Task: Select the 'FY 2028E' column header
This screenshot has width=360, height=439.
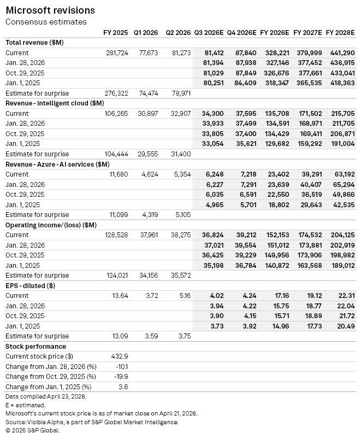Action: pos(340,33)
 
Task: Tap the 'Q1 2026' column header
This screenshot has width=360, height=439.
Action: pos(146,33)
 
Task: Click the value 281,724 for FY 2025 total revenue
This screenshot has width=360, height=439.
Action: pos(117,53)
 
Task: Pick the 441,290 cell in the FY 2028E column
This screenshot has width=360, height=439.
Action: pos(340,53)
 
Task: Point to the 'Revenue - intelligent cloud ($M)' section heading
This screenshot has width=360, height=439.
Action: pos(54,103)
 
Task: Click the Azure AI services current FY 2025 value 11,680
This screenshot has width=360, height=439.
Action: pos(119,174)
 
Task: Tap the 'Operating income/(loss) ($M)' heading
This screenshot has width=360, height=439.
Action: pos(51,225)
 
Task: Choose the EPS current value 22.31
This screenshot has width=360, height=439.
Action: pos(345,296)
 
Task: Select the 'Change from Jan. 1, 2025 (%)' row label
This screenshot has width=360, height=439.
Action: pos(48,387)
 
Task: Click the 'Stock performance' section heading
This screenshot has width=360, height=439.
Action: pos(36,346)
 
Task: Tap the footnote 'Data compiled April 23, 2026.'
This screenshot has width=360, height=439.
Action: pos(46,396)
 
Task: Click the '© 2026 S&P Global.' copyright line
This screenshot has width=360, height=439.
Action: pos(32,430)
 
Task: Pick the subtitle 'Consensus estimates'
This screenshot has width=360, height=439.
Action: pos(46,22)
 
